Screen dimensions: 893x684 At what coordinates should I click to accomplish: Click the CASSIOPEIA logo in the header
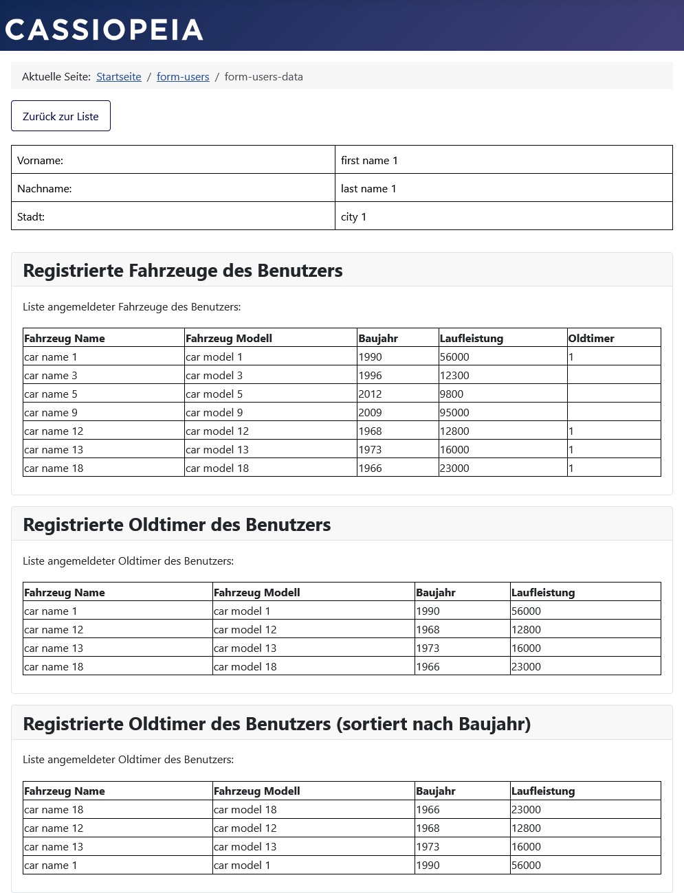(x=104, y=30)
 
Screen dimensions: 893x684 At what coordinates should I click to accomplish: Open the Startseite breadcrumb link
(x=119, y=77)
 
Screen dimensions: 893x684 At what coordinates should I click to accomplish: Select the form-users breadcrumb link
(x=183, y=77)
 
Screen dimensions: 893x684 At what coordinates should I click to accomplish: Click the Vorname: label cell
(x=41, y=161)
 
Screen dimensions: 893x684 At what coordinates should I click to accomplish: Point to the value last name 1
(x=368, y=189)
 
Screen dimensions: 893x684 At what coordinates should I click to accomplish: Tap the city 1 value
(x=353, y=217)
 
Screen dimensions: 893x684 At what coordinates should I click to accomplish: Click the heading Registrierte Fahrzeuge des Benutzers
(x=183, y=271)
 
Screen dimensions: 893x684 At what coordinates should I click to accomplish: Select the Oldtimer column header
(x=591, y=339)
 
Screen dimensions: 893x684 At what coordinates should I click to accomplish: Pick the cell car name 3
(x=51, y=376)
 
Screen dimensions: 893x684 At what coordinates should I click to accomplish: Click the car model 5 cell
(x=214, y=394)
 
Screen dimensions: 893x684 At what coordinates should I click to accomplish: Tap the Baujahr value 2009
(x=370, y=413)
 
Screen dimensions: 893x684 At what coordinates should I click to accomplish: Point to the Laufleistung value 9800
(x=452, y=394)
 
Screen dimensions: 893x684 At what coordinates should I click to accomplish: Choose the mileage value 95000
(x=454, y=413)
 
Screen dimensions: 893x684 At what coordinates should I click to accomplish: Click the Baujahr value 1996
(x=370, y=376)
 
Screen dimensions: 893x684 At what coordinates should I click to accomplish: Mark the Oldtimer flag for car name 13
(x=571, y=450)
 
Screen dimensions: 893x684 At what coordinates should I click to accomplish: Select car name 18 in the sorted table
(x=54, y=810)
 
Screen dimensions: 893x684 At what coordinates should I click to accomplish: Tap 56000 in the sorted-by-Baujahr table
(x=526, y=866)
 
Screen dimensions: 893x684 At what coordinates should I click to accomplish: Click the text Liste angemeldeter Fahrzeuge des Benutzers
(x=132, y=307)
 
